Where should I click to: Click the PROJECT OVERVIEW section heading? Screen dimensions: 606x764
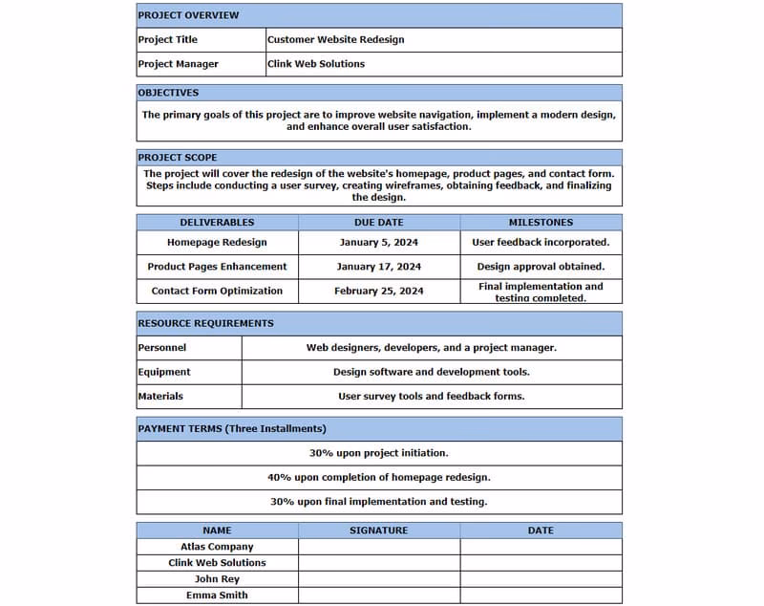(x=189, y=15)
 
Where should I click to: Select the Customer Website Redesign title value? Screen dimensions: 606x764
(x=336, y=39)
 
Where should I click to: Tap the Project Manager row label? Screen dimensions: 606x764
(x=179, y=64)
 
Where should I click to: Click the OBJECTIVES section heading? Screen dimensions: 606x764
(x=169, y=93)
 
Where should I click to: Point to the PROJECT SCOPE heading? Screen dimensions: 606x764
(x=178, y=157)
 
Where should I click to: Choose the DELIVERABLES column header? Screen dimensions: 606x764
(x=217, y=222)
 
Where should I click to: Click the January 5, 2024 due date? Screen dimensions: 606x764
(x=379, y=243)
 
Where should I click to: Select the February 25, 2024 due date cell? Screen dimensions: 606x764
(x=379, y=291)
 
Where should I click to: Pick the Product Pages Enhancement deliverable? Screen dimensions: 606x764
(x=217, y=267)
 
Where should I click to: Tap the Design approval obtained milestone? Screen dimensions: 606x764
(x=541, y=267)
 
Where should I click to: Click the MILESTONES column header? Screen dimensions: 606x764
(x=541, y=222)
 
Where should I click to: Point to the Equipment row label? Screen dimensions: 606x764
(x=164, y=372)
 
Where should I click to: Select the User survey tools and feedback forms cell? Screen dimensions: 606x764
(x=432, y=396)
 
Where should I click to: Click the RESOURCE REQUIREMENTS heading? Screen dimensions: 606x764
(x=206, y=323)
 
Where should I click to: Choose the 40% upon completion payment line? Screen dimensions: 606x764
(x=379, y=477)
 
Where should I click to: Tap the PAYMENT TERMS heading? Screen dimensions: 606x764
(x=232, y=428)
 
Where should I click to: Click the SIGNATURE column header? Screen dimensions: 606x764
(x=379, y=530)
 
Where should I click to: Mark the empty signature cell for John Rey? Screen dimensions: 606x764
(x=379, y=579)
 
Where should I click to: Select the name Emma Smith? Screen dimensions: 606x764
(x=217, y=595)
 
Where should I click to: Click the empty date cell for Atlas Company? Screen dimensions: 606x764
(x=541, y=547)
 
